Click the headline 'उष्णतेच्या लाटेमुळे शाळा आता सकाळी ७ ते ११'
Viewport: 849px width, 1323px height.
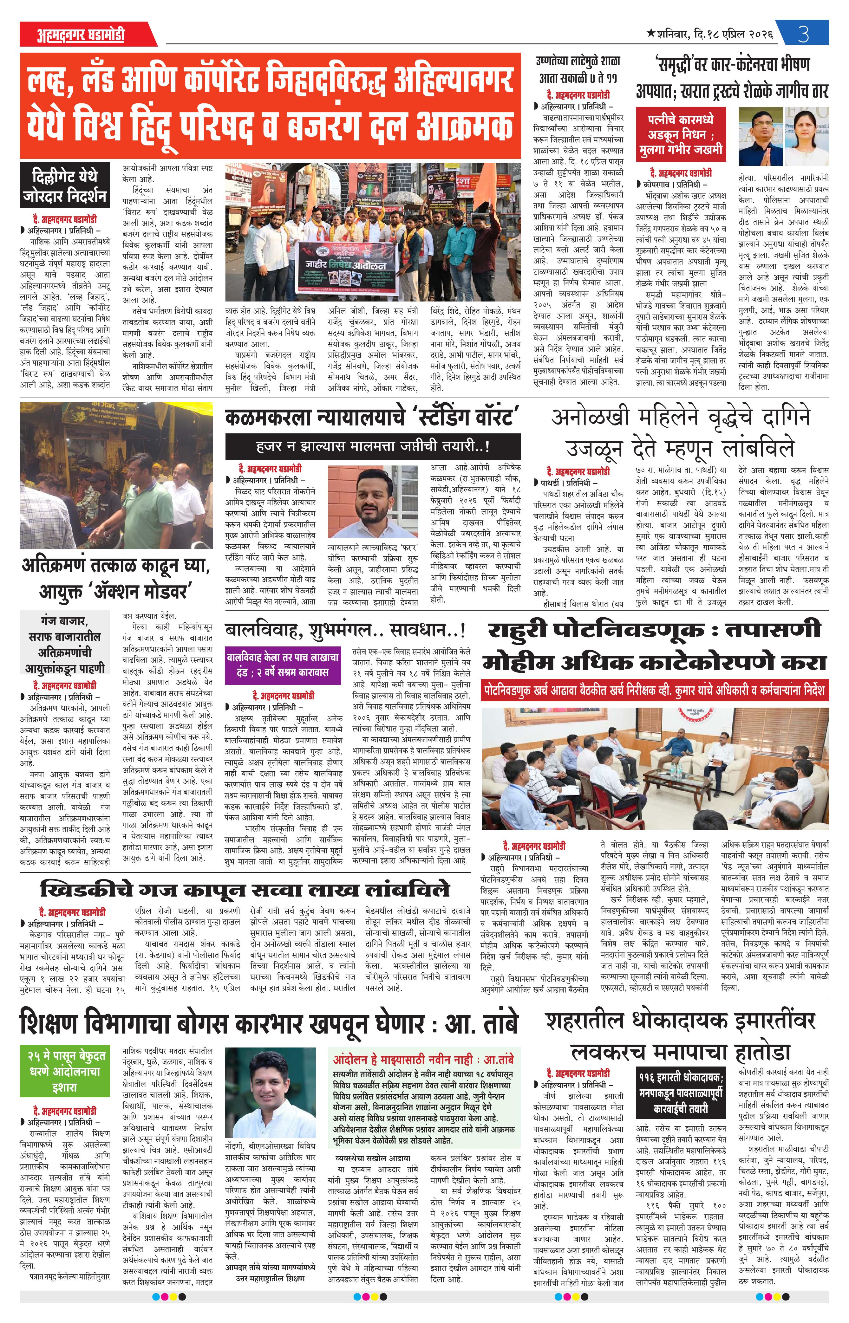578,69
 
